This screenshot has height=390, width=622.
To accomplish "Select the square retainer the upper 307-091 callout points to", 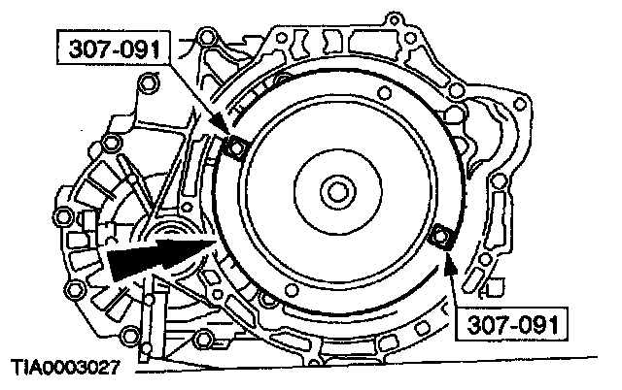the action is [234, 147].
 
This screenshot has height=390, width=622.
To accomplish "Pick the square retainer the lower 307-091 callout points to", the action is [442, 237].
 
